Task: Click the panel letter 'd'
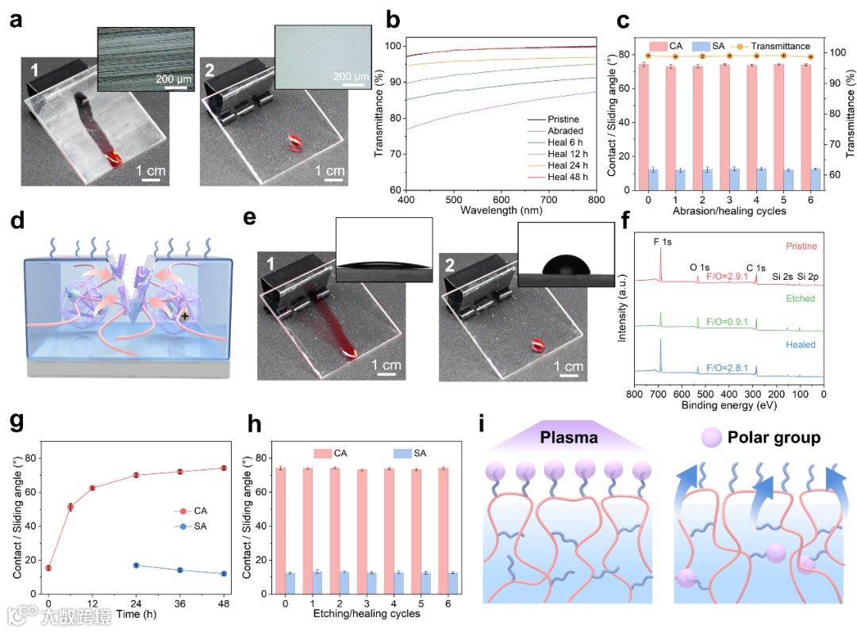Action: coord(17,220)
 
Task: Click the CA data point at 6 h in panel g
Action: coord(70,507)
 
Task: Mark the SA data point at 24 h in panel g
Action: coord(136,565)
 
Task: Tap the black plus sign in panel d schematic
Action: coord(185,316)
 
